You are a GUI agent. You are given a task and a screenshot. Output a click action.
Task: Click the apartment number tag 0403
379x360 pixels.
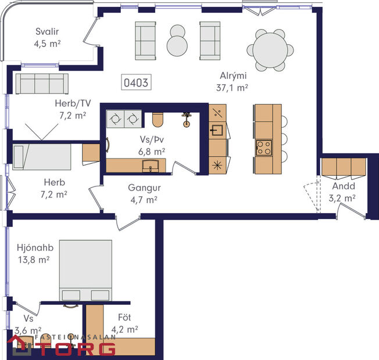point(136,83)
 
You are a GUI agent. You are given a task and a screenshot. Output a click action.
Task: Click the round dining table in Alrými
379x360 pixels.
point(271,50)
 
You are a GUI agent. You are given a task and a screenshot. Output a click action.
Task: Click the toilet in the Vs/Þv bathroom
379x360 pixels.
point(157,119)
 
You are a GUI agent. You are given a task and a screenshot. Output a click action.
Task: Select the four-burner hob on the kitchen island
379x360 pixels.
point(264,146)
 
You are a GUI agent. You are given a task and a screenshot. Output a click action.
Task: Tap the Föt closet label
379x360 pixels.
point(124,318)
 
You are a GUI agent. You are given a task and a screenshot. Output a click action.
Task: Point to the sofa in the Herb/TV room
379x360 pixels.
point(42,84)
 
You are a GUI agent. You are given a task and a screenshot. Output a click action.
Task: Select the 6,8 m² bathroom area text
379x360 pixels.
point(151,150)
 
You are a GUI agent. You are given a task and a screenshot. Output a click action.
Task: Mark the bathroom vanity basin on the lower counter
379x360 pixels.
point(151,167)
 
